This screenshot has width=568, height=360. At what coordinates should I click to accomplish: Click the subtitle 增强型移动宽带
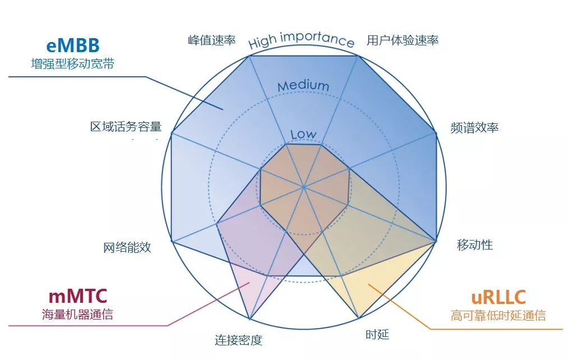pos(72,64)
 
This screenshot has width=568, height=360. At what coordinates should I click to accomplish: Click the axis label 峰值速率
pos(211,40)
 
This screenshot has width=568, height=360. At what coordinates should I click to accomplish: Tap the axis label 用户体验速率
pos(403,40)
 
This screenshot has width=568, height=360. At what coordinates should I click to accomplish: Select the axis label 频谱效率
pos(474,127)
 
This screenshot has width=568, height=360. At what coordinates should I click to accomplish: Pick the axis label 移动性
pos(475,244)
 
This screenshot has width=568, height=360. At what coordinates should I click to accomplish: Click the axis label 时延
pos(377,335)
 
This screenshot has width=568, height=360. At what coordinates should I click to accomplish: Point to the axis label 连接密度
pos(238,340)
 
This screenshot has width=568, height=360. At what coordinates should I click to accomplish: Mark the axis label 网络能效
pos(127,247)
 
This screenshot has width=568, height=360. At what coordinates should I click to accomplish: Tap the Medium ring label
pos(303,86)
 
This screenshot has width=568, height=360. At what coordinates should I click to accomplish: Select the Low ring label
pos(303,135)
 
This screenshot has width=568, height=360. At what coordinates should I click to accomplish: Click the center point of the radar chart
pos(303,186)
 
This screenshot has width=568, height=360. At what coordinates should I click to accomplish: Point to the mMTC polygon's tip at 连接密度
pos(249,320)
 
